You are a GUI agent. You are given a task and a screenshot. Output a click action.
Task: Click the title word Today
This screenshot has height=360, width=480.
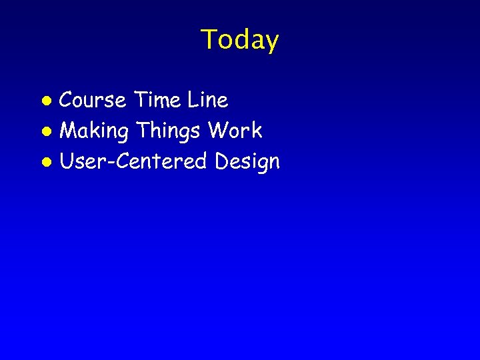[x=239, y=40]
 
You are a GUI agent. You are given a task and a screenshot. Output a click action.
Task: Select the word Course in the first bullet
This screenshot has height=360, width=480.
[x=93, y=101]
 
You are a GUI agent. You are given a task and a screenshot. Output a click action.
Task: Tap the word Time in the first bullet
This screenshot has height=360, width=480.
[x=157, y=101]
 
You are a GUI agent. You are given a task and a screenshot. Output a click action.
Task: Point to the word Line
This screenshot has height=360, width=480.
[x=207, y=101]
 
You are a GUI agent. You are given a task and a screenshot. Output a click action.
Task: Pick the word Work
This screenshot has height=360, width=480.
[x=235, y=131]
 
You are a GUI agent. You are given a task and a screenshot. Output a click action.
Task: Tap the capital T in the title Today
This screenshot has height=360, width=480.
[x=209, y=39]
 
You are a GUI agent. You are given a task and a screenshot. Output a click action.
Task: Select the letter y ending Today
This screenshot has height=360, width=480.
[x=271, y=43]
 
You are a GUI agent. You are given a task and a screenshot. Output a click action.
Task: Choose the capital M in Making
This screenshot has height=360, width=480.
[x=69, y=131]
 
